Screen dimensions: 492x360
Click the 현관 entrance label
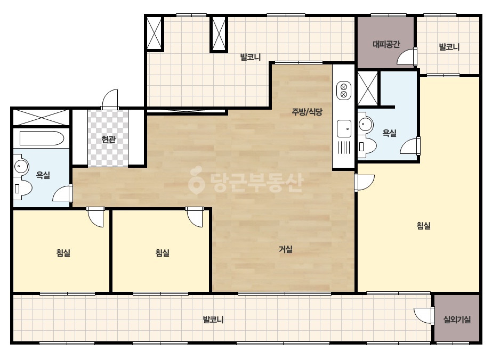(109, 139)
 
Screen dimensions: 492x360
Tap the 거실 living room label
(286, 249)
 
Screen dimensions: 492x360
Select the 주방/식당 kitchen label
(307, 112)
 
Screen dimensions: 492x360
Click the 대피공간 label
(386, 44)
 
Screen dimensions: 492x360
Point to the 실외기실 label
(457, 320)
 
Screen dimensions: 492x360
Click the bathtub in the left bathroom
(42, 138)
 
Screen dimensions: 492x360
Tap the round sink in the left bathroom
(21, 165)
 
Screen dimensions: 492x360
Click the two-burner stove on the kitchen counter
(344, 91)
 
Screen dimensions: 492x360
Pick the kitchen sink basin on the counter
(344, 128)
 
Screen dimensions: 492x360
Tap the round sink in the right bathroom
(365, 124)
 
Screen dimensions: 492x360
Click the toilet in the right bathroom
(367, 145)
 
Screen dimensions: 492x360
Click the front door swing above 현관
(110, 99)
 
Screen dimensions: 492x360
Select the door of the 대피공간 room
(407, 57)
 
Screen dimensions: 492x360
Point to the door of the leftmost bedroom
(95, 217)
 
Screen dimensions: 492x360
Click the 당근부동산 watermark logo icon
(196, 181)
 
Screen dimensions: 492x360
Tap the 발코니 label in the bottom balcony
(213, 320)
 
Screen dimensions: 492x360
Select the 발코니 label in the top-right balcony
(449, 47)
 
